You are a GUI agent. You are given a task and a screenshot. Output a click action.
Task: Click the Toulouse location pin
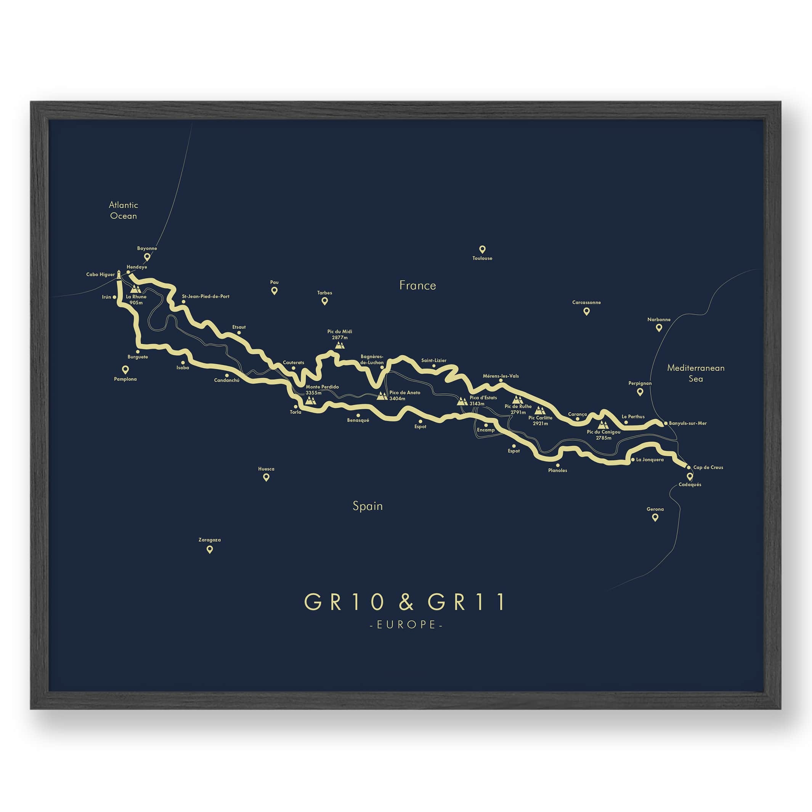click(482, 249)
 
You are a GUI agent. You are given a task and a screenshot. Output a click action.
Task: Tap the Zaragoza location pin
click(209, 549)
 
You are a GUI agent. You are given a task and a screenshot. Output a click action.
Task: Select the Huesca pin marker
click(266, 477)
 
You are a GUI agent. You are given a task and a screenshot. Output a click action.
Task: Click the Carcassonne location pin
click(586, 311)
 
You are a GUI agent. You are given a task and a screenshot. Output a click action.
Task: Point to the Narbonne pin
click(659, 327)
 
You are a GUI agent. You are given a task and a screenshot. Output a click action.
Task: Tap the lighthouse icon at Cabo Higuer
click(119, 274)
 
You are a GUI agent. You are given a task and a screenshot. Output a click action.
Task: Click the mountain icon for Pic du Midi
click(340, 345)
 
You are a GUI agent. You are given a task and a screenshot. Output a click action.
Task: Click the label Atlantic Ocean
click(123, 210)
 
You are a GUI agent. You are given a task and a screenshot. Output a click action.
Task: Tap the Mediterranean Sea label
click(696, 373)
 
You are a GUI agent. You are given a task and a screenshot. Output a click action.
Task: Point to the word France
click(417, 286)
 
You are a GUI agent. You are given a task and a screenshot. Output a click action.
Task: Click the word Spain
click(368, 506)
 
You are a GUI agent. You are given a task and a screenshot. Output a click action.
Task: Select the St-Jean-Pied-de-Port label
click(205, 296)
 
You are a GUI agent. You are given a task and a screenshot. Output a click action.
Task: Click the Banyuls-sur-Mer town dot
click(666, 423)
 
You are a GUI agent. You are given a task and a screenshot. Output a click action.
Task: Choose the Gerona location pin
click(655, 517)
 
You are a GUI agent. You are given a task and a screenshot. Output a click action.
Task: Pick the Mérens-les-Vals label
click(501, 376)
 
